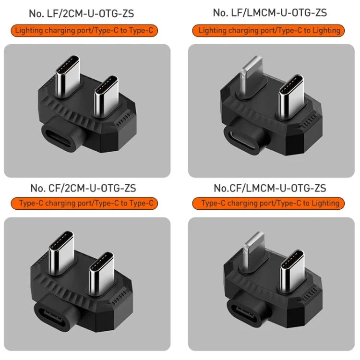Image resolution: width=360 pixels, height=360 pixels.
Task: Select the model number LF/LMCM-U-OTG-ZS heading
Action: point(270,12)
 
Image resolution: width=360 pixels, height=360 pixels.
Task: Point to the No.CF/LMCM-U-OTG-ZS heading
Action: point(270,188)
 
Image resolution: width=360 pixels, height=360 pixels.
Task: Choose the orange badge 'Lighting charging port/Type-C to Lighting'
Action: point(269,31)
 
